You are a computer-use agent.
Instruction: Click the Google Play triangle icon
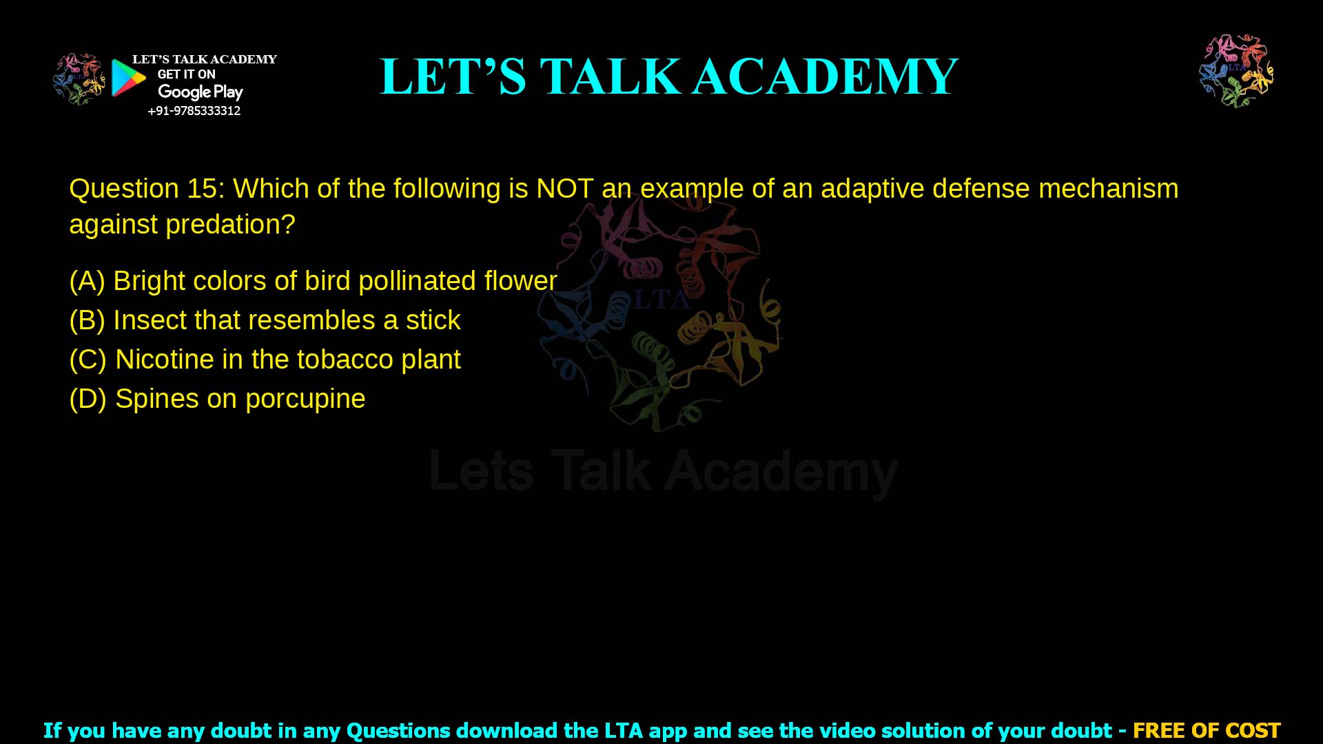pyautogui.click(x=128, y=78)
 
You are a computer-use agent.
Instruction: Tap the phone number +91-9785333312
pyautogui.click(x=194, y=111)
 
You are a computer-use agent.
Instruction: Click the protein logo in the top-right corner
pyautogui.click(x=1236, y=70)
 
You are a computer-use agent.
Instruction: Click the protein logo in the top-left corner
pyautogui.click(x=79, y=79)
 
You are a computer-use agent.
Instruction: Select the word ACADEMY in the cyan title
pyautogui.click(x=825, y=76)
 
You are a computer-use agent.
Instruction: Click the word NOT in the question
pyautogui.click(x=564, y=189)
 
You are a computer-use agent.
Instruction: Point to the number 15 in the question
pyautogui.click(x=202, y=189)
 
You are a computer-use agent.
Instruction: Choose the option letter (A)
pyautogui.click(x=87, y=281)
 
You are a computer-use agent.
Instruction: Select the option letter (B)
pyautogui.click(x=87, y=320)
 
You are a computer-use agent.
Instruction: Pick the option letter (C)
pyautogui.click(x=88, y=360)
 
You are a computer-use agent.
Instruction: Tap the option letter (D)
pyautogui.click(x=88, y=399)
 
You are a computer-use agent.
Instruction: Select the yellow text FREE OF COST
pyautogui.click(x=1207, y=730)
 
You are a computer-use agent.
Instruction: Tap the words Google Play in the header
pyautogui.click(x=201, y=92)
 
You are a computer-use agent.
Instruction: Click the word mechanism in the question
pyautogui.click(x=1108, y=189)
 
